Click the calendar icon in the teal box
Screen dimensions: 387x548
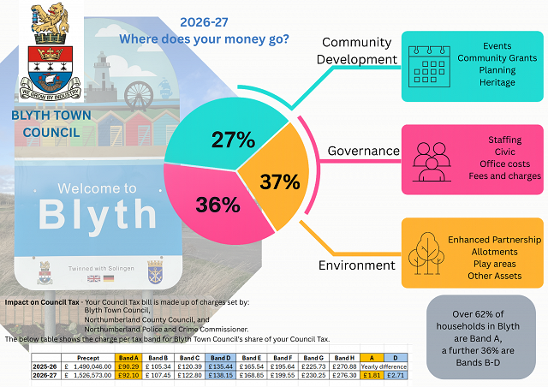[x=430, y=65]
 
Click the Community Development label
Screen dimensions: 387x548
[x=357, y=51]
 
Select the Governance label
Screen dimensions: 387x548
[x=364, y=151]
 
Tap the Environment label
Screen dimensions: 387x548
[x=356, y=265]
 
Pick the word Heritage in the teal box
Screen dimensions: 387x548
[x=497, y=82]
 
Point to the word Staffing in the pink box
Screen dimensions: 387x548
[x=504, y=140]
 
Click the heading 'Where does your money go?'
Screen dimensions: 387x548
[x=204, y=39]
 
